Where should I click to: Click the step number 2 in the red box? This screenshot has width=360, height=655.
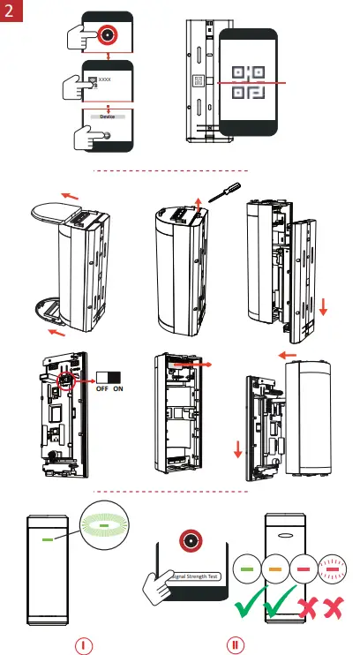(x=11, y=12)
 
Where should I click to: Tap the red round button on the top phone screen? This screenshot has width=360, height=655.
(x=108, y=35)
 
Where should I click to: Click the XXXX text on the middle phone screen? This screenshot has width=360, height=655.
(x=106, y=80)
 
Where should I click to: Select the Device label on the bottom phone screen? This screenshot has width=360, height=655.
(x=107, y=117)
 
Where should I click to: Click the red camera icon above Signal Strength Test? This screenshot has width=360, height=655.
(x=189, y=540)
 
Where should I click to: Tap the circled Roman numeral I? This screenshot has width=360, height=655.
(x=82, y=644)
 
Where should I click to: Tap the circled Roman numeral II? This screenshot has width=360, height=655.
(x=235, y=644)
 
